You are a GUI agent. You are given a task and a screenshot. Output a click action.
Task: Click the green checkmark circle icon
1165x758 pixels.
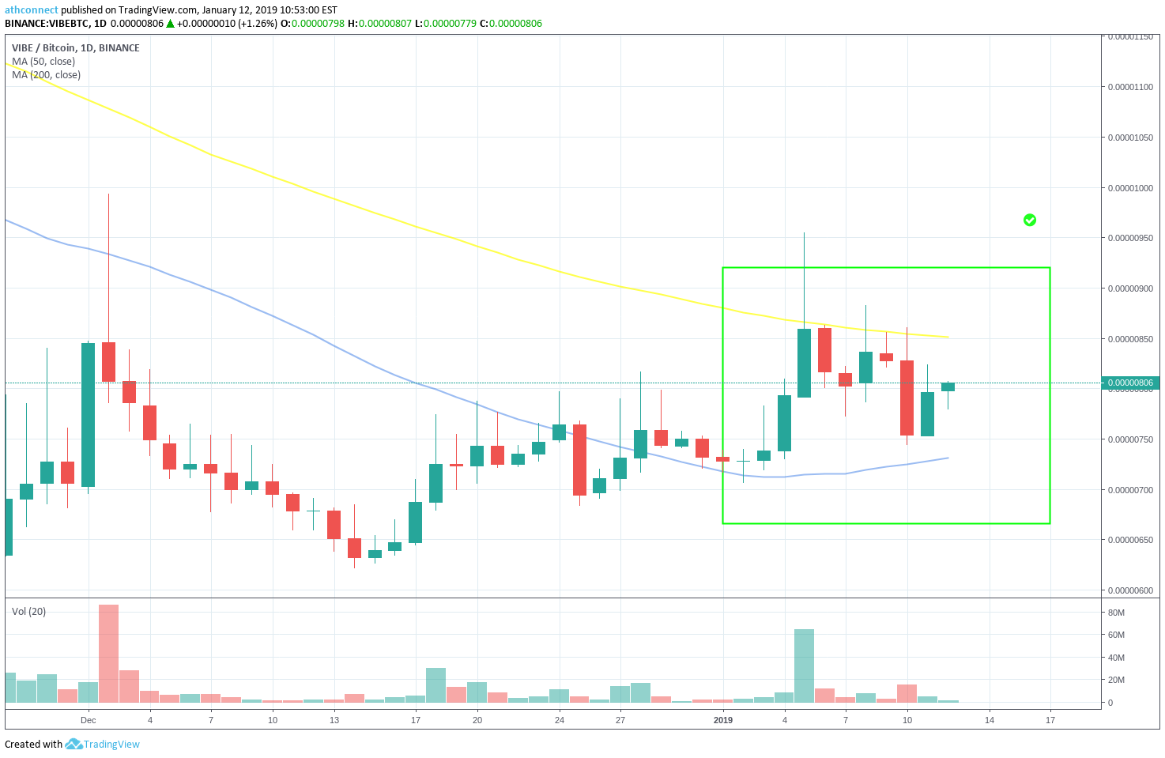pyautogui.click(x=1029, y=220)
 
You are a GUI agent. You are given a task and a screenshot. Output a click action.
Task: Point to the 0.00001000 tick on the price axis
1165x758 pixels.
pyautogui.click(x=1130, y=188)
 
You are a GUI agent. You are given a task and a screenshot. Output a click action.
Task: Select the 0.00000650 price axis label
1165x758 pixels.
pyautogui.click(x=1130, y=540)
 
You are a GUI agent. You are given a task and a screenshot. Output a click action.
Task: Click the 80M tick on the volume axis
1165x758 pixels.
pyautogui.click(x=1116, y=613)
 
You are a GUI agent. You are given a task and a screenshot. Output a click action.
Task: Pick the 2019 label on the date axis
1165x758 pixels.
pyautogui.click(x=723, y=720)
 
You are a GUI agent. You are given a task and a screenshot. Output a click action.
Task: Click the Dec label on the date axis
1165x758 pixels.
pyautogui.click(x=89, y=720)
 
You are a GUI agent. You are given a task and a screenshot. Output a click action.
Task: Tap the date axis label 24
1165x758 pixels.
pyautogui.click(x=559, y=720)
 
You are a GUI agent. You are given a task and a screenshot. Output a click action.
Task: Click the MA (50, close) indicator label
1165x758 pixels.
pyautogui.click(x=43, y=62)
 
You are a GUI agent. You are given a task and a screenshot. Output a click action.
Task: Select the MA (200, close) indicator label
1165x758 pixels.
pyautogui.click(x=47, y=75)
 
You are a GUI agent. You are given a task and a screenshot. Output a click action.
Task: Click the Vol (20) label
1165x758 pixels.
pyautogui.click(x=28, y=611)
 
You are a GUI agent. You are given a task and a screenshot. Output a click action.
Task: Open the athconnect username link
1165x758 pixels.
pyautogui.click(x=31, y=10)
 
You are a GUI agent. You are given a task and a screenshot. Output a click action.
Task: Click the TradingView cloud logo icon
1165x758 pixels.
pyautogui.click(x=74, y=744)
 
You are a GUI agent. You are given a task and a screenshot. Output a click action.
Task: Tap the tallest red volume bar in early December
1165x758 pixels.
pyautogui.click(x=109, y=654)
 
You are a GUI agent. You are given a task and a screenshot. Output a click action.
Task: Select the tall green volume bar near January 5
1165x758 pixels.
pyautogui.click(x=804, y=666)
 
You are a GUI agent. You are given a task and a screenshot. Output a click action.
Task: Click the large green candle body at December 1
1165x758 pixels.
pyautogui.click(x=89, y=415)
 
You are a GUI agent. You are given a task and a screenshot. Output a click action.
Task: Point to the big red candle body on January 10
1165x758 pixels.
pyautogui.click(x=907, y=398)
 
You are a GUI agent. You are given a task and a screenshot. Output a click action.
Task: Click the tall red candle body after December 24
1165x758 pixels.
pyautogui.click(x=580, y=460)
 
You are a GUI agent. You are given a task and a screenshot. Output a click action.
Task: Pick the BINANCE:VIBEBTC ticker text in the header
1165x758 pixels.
pyautogui.click(x=48, y=24)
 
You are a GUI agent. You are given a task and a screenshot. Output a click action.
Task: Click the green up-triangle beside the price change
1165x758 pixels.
pyautogui.click(x=170, y=24)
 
